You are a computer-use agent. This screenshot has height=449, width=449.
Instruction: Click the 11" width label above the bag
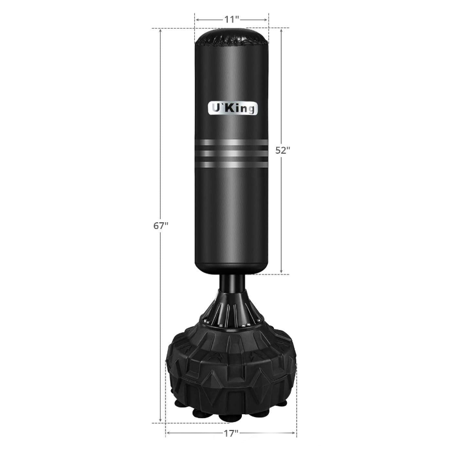click(x=231, y=19)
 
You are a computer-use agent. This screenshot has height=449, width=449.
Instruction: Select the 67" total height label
click(x=161, y=226)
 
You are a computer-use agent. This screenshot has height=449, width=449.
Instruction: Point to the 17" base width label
click(x=231, y=433)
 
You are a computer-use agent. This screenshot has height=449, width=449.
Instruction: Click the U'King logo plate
click(x=232, y=108)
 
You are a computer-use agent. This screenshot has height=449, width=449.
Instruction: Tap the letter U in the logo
click(x=214, y=108)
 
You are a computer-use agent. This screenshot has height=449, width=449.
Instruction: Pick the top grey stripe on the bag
click(x=231, y=141)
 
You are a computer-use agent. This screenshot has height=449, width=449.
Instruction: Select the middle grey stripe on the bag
click(x=231, y=153)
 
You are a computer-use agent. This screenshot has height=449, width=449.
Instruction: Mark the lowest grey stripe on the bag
click(x=231, y=164)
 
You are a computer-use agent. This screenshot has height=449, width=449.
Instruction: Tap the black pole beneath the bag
click(x=231, y=284)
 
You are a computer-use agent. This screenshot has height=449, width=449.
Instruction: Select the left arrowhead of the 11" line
click(x=197, y=19)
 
